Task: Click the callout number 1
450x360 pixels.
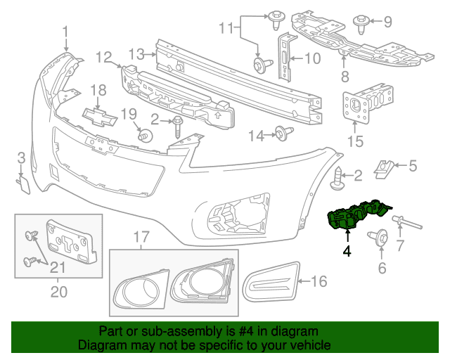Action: coord(65,32)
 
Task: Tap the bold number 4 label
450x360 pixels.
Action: coord(346,250)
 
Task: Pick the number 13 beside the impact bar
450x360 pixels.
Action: coord(136,53)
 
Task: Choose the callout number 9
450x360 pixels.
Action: coord(387,22)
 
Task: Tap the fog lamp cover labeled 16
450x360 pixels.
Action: coord(272,283)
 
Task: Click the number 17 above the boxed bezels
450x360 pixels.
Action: coord(141,236)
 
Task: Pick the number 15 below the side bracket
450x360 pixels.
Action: coord(355,142)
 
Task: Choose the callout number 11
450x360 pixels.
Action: coord(225,28)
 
